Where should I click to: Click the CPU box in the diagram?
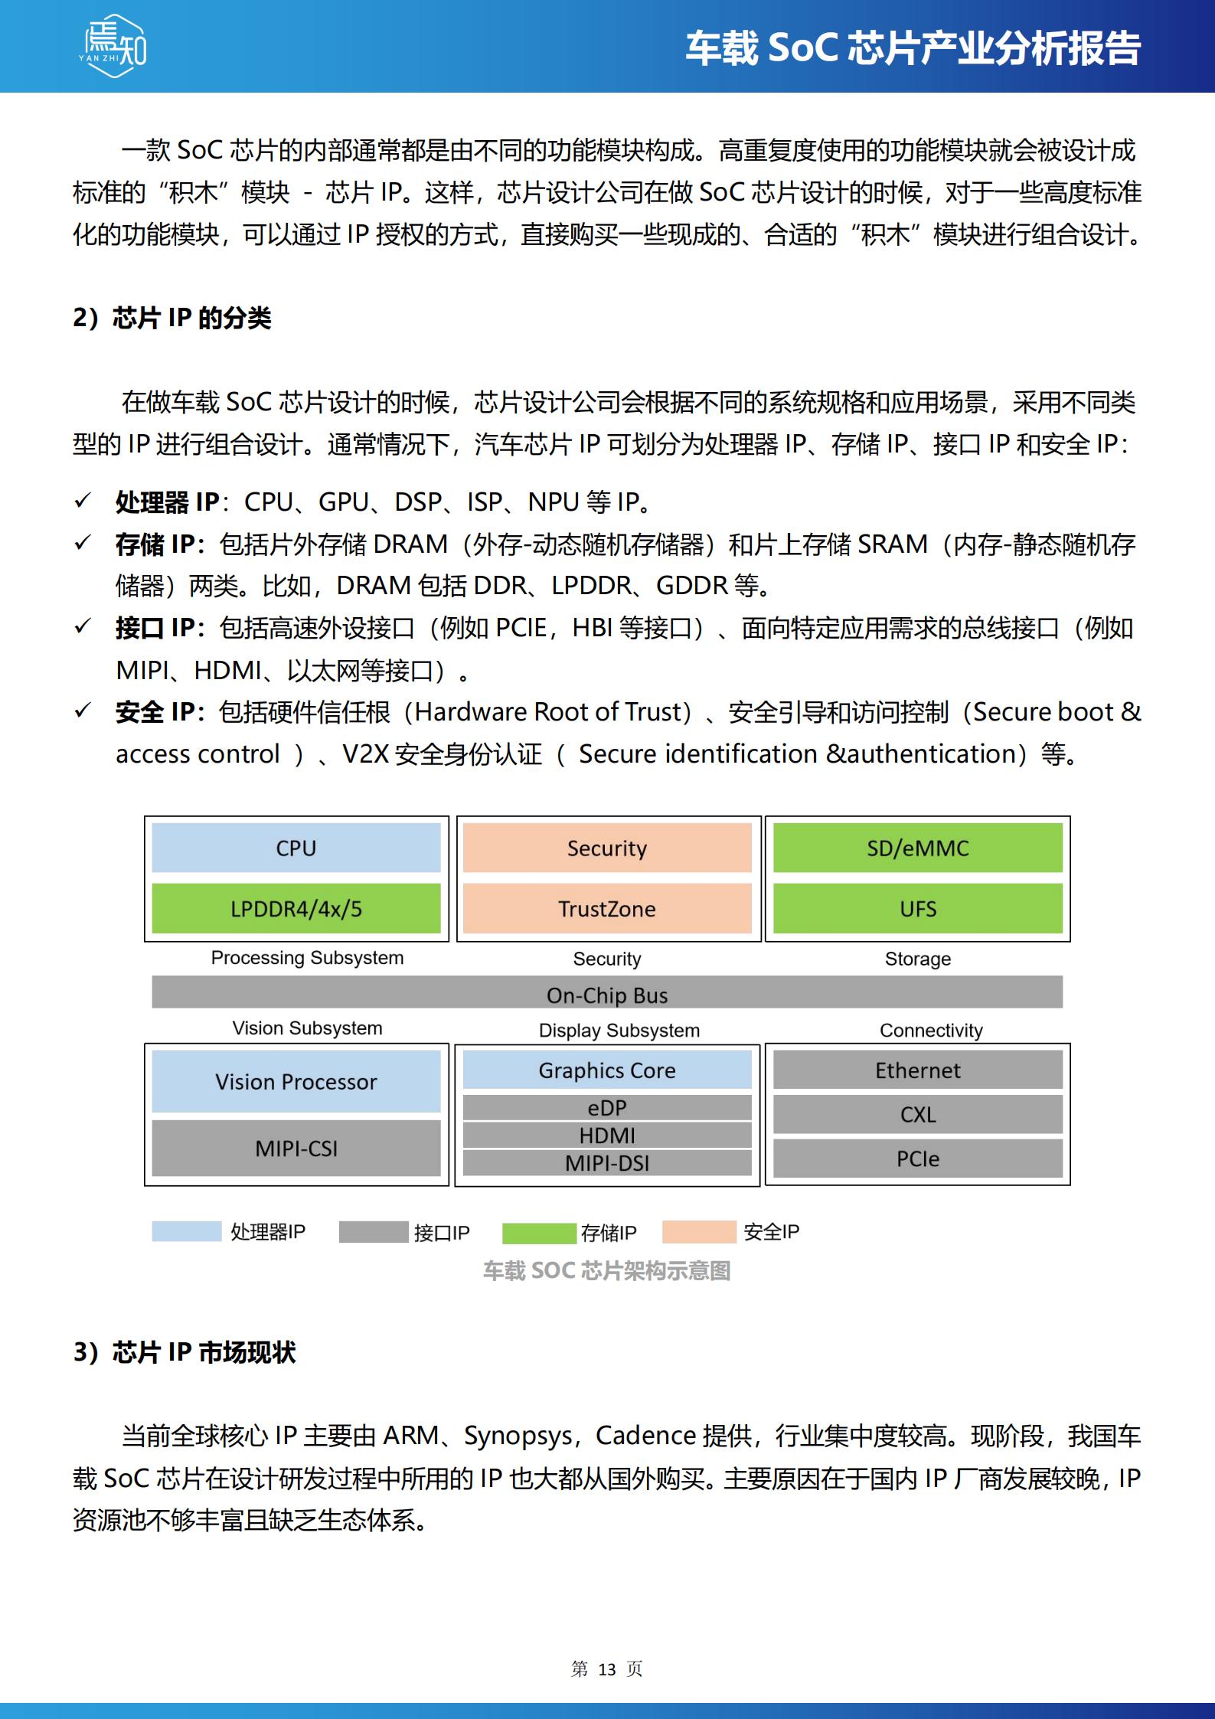point(296,848)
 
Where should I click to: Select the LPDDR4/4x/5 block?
point(296,909)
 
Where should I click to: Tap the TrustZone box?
point(606,909)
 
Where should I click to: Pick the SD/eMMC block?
point(917,848)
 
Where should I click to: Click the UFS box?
point(917,909)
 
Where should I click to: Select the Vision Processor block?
point(296,1081)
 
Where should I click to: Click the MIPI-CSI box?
point(296,1148)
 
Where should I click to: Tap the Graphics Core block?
point(606,1070)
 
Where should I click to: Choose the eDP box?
point(606,1107)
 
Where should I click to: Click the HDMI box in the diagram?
point(606,1135)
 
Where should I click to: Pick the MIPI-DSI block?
point(606,1162)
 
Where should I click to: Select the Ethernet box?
point(917,1070)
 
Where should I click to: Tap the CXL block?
point(917,1114)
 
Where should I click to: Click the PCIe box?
point(917,1159)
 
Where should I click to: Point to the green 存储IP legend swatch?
point(538,1233)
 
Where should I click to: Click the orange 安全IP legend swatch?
point(698,1231)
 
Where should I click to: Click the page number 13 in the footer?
point(606,1668)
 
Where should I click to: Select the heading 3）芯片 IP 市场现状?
point(185,1352)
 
